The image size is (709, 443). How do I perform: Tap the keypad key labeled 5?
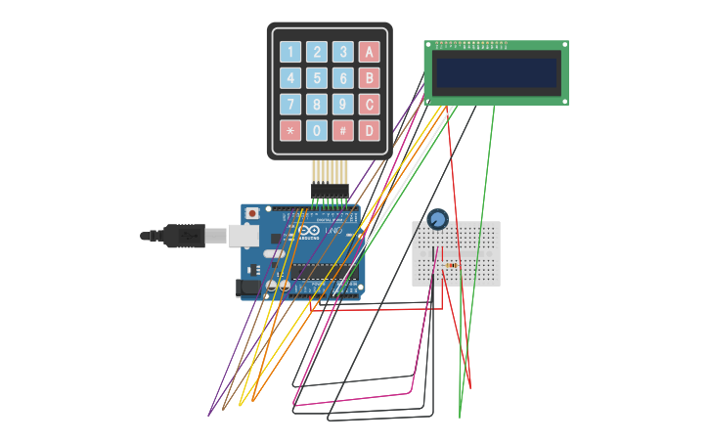click(317, 78)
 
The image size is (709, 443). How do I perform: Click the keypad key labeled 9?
click(343, 105)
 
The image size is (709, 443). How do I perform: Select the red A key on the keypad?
click(369, 52)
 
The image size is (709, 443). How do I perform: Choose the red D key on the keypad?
click(369, 130)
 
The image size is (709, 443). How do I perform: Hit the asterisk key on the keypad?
click(290, 130)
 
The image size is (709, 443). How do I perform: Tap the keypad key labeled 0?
click(317, 130)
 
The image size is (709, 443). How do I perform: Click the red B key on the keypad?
click(369, 78)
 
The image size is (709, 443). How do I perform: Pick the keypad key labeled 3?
click(343, 52)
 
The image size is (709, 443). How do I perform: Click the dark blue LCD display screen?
click(497, 72)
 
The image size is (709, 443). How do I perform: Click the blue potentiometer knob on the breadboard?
click(438, 219)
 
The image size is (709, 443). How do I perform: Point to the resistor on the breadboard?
click(451, 265)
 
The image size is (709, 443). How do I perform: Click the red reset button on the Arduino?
click(252, 213)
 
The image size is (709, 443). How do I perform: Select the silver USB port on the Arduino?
click(244, 236)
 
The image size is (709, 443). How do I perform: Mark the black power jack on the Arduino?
click(248, 287)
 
